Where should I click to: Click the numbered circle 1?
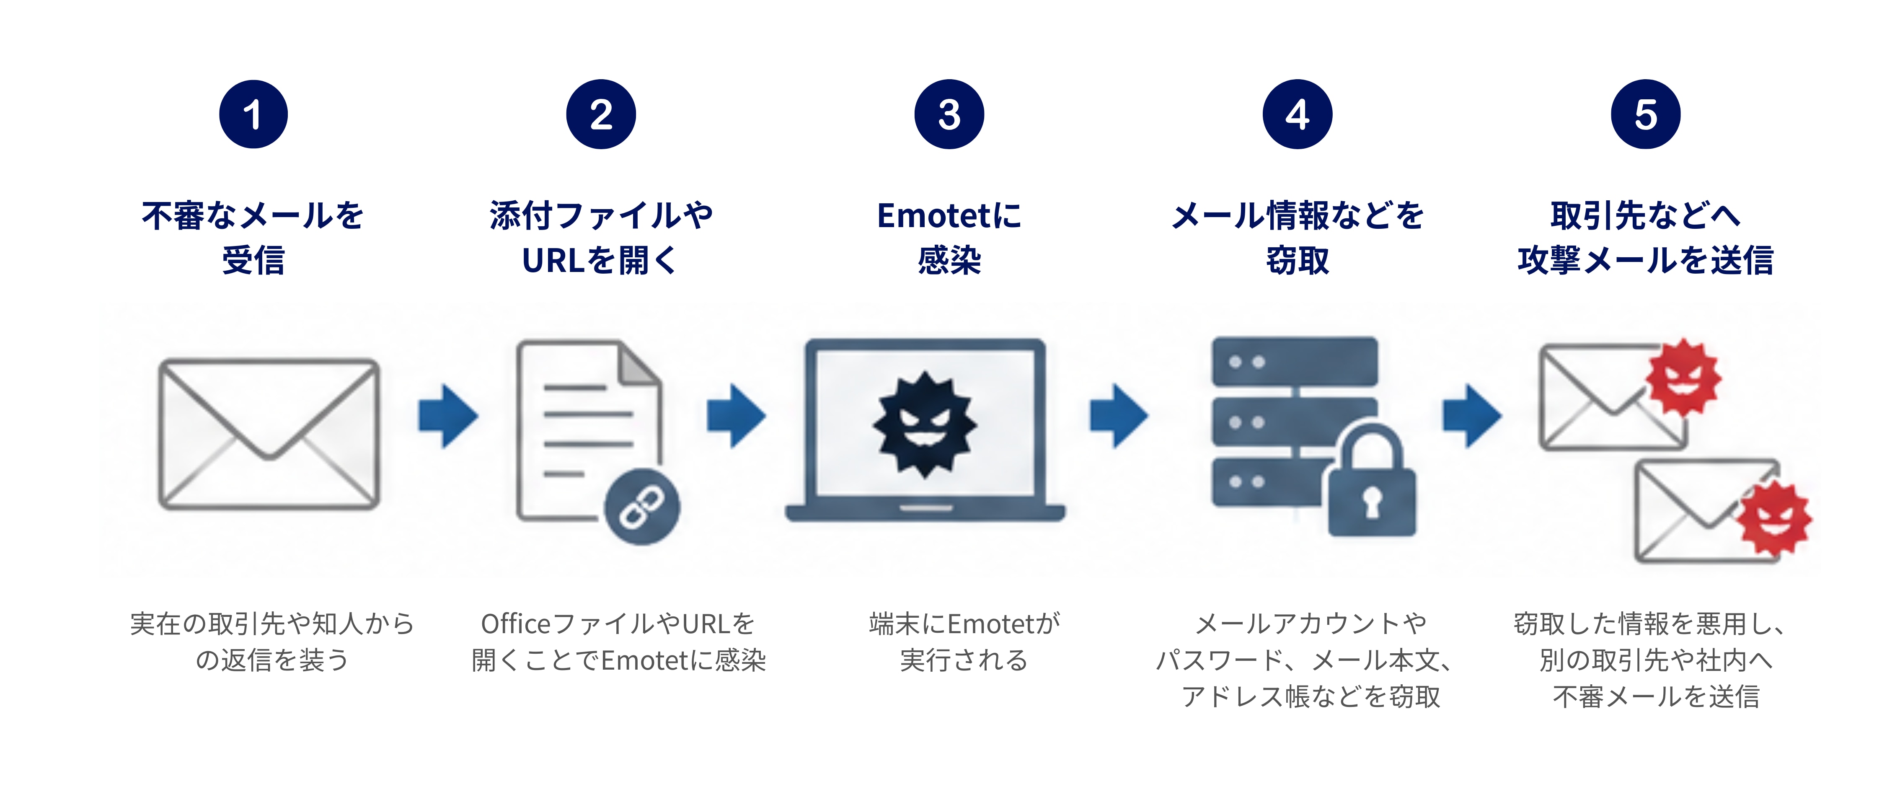point(253,114)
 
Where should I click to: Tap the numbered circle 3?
point(949,114)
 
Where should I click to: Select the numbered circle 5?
point(1646,114)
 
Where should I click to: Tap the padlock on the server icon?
point(1372,479)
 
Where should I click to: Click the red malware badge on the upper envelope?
point(1684,378)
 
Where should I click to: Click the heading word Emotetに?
point(949,215)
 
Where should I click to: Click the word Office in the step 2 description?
point(516,624)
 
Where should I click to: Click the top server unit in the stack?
point(1295,361)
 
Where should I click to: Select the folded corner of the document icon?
point(640,364)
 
